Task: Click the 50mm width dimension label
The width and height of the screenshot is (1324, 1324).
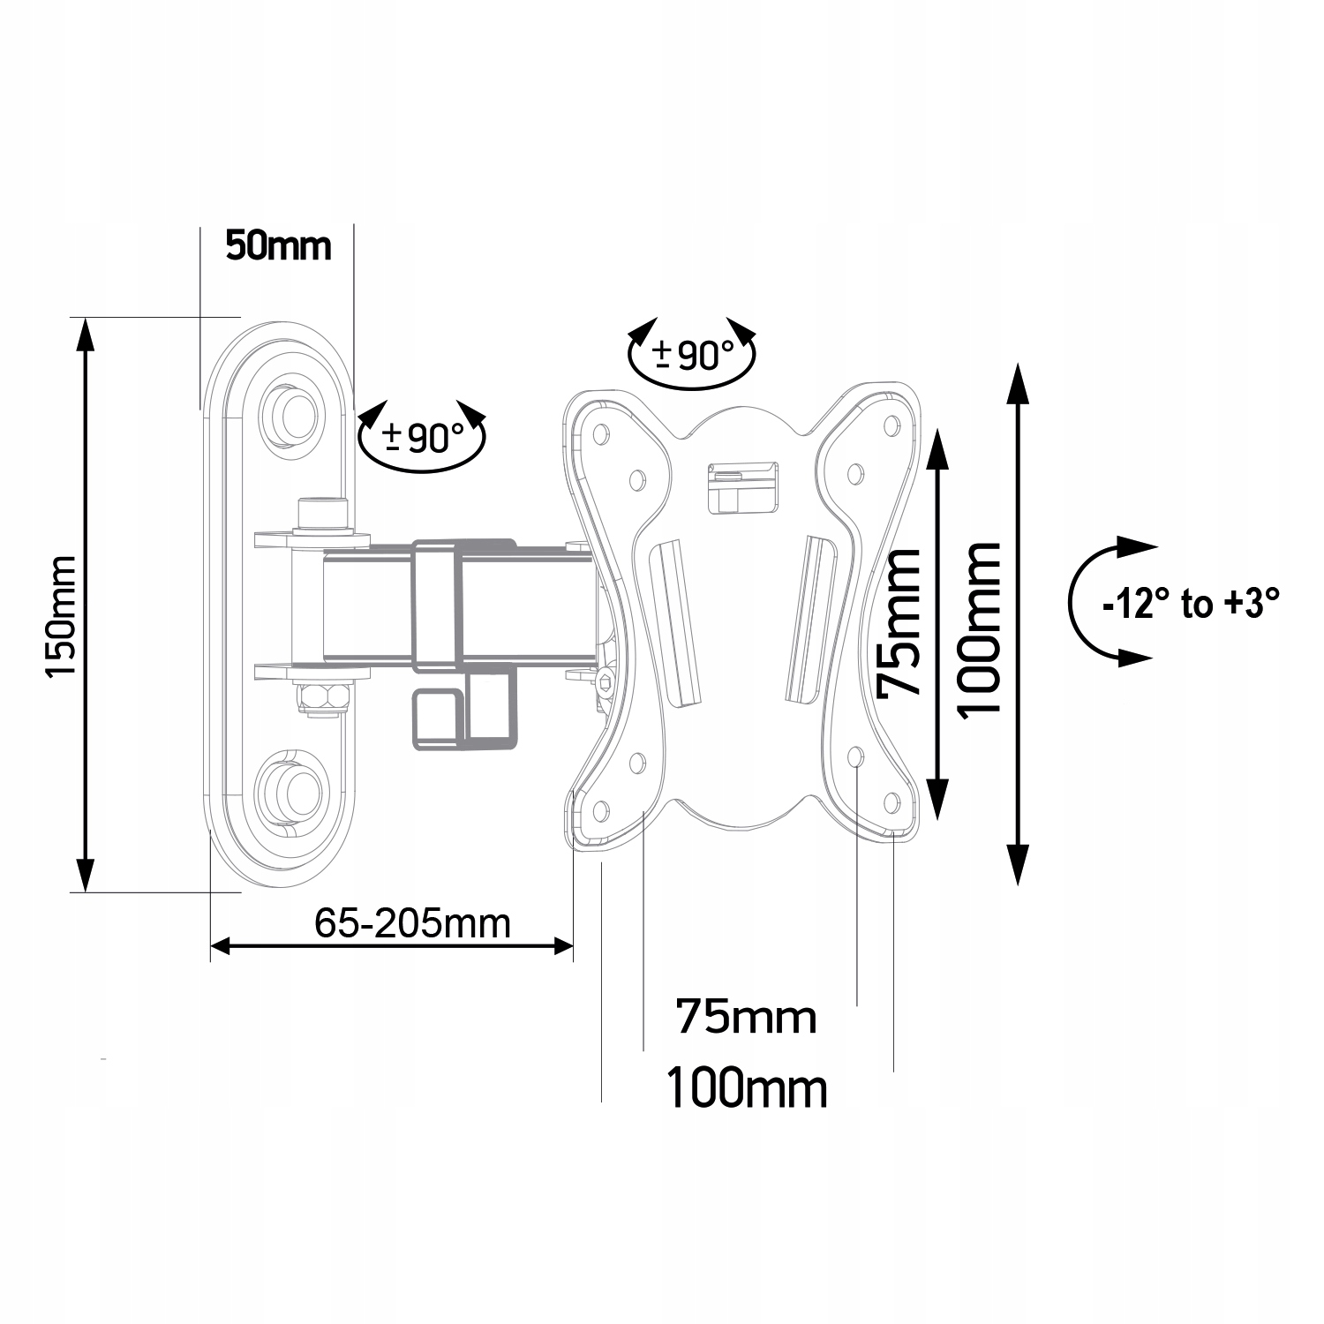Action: [x=278, y=245]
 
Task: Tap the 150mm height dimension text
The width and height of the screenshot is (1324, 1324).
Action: [x=63, y=617]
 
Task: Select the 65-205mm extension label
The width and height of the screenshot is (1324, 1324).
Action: [x=413, y=923]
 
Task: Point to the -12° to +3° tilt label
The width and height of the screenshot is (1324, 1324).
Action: [x=1191, y=606]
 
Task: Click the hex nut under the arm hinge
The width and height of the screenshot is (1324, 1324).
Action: [x=324, y=696]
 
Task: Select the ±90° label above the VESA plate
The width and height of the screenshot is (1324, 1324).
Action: [x=694, y=355]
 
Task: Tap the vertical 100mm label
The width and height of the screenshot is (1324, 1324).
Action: [x=980, y=630]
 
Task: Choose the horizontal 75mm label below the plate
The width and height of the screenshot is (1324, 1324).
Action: [x=747, y=1017]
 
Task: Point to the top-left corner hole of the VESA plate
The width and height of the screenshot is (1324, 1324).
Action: [x=601, y=433]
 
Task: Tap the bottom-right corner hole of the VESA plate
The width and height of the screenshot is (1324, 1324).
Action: [x=891, y=802]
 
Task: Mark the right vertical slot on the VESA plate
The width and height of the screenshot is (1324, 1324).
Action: [x=810, y=619]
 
